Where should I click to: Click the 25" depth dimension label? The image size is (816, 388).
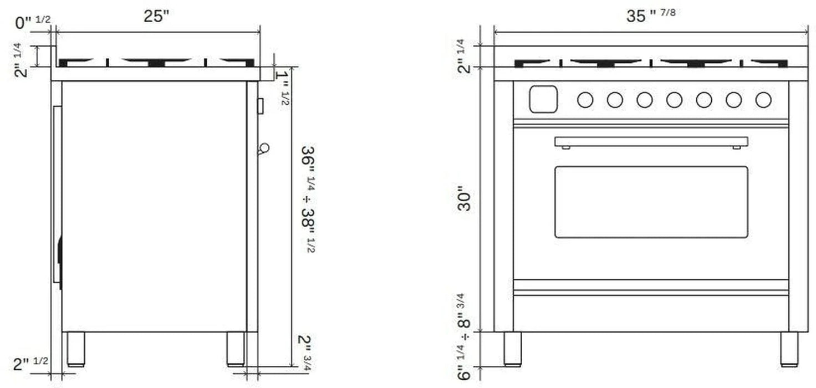(156, 16)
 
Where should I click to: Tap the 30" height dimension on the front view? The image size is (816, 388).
(465, 201)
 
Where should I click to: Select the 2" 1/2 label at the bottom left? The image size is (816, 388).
(30, 364)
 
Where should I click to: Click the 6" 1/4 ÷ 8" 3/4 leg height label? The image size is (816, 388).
(464, 338)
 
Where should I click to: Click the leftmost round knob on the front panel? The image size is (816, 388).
(585, 100)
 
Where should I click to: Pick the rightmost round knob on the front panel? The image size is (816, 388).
(763, 100)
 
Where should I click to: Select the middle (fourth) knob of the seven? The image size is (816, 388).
(674, 100)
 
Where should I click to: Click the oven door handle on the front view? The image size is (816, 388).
(651, 142)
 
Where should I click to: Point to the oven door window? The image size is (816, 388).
(651, 202)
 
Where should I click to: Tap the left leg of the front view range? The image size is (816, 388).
(512, 349)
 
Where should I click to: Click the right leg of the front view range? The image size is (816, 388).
(789, 349)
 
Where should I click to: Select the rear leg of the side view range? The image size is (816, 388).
(76, 349)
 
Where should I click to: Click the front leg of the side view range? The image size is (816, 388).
(236, 349)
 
